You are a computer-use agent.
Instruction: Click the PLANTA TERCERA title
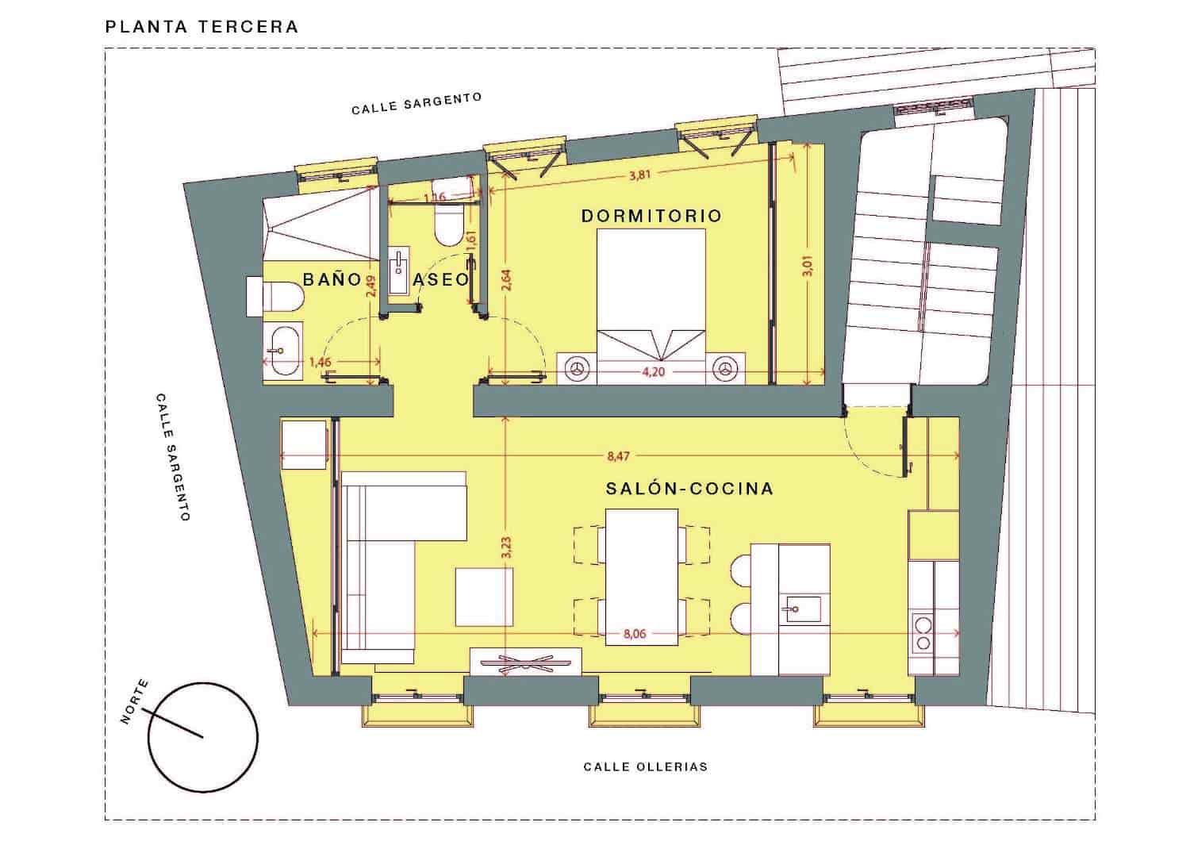202,26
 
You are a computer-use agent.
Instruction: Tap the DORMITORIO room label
651,216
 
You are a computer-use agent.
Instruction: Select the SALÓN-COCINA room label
689,489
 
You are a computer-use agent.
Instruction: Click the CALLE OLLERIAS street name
645,766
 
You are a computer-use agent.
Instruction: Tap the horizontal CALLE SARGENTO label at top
416,103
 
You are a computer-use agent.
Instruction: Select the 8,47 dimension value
619,456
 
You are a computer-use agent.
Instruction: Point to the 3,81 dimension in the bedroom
639,175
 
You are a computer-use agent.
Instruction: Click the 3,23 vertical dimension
507,548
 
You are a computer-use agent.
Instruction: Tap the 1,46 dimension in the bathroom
321,362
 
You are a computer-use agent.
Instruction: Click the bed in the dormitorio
651,294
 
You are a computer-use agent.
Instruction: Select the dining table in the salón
641,576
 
